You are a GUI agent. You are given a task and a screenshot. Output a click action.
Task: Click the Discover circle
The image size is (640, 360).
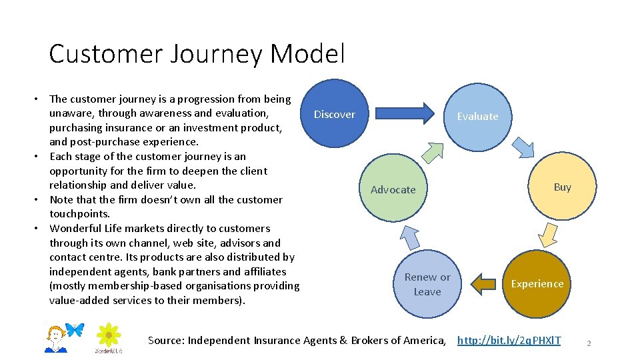pyautogui.click(x=335, y=114)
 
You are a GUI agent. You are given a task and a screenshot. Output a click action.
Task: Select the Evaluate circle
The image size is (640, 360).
pyautogui.click(x=477, y=116)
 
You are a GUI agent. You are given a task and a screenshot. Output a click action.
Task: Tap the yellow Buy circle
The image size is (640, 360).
pyautogui.click(x=562, y=187)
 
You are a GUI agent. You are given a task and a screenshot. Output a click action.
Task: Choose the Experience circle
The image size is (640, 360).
pyautogui.click(x=537, y=283)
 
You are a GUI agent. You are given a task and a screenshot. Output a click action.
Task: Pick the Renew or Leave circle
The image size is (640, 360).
pyautogui.click(x=427, y=284)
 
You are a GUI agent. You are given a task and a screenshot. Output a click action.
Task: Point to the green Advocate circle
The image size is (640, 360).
pyautogui.click(x=393, y=189)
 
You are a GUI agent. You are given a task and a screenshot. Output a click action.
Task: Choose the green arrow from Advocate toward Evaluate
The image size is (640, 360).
pyautogui.click(x=433, y=153)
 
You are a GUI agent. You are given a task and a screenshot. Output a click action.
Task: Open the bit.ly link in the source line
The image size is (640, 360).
pyautogui.click(x=509, y=341)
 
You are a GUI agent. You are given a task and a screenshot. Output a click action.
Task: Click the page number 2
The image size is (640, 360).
pyautogui.click(x=589, y=343)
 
